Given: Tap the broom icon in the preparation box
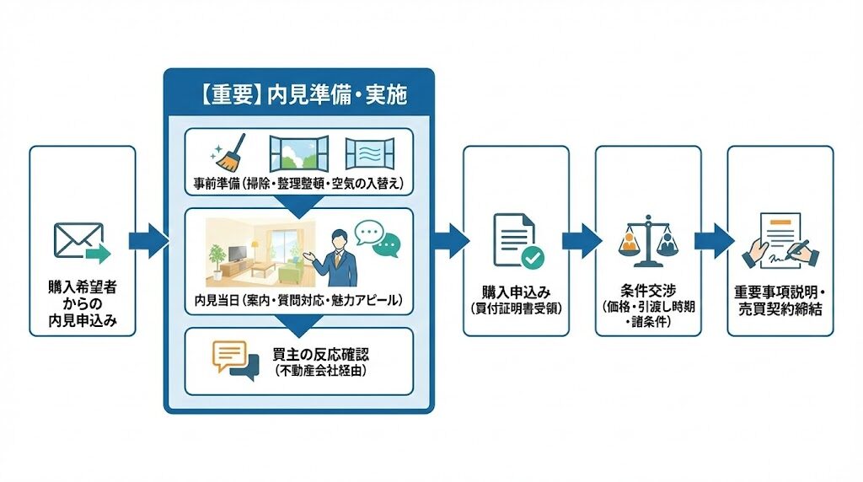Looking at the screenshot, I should tap(226, 152).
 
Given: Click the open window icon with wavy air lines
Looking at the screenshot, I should tap(370, 153).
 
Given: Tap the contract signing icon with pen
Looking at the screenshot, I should tap(779, 240).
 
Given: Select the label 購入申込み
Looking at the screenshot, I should tap(516, 292).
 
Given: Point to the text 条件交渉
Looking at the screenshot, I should tap(647, 291).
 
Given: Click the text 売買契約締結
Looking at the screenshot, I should tap(779, 308).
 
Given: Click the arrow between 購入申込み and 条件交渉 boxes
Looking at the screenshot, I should tap(582, 240).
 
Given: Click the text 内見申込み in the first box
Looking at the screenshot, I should tap(82, 319).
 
